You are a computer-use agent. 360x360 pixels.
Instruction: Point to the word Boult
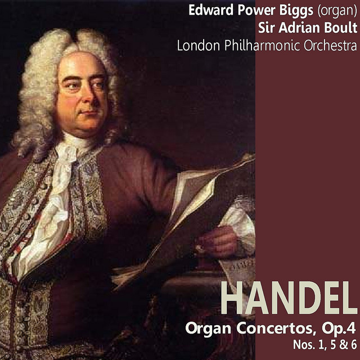point(340,28)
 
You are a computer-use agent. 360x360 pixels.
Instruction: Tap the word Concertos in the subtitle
point(274,328)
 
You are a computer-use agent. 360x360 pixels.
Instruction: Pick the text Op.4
point(339,328)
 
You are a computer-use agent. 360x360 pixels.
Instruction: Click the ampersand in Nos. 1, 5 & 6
point(342,345)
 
